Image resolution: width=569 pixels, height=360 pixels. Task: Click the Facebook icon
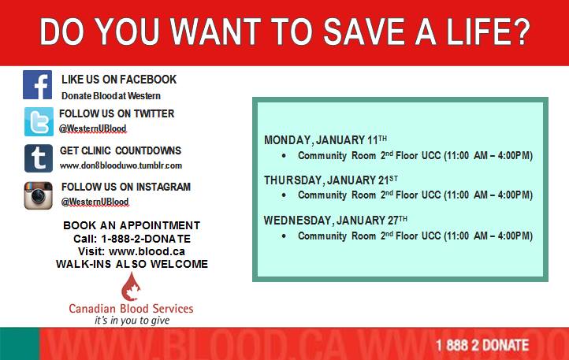coord(38,85)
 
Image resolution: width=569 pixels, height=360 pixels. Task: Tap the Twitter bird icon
coord(38,121)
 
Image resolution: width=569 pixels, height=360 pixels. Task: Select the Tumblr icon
coord(38,158)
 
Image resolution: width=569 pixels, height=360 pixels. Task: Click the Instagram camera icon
coord(38,195)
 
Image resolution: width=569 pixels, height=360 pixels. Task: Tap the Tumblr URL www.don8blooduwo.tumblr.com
coord(121,165)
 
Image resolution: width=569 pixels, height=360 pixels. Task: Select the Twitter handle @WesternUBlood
coord(92,128)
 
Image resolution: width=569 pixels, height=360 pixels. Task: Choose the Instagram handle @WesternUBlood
coord(95,202)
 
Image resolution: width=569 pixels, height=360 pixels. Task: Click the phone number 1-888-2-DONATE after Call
coord(143,239)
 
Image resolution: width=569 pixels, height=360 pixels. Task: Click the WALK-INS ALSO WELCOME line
coord(132,264)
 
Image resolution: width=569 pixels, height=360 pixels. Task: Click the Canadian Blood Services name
coord(131,309)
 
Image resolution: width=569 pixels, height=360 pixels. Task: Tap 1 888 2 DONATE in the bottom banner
coord(482,345)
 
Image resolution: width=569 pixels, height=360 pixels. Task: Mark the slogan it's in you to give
coord(132,321)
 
